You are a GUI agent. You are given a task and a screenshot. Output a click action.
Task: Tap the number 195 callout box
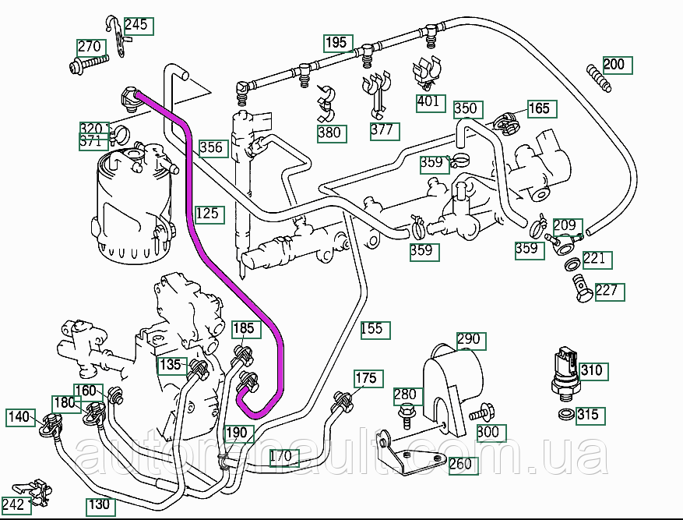[x=336, y=43]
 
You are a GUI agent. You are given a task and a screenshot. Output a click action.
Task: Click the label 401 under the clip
[x=428, y=101]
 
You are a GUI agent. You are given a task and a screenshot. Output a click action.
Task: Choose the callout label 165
[x=540, y=108]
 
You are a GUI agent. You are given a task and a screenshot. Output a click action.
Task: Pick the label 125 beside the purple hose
[x=207, y=214]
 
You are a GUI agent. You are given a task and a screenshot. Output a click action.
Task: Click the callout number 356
[x=211, y=147]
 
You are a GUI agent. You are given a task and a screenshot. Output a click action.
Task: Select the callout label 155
[x=373, y=329]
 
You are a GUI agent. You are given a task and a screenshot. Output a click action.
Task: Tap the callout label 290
[x=469, y=341]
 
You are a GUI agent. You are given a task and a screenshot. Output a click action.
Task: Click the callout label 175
[x=365, y=379]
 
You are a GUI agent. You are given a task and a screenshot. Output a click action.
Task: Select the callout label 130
[x=99, y=504]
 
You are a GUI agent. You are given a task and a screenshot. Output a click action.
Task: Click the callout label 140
[x=19, y=417]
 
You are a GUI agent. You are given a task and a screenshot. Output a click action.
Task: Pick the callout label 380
[x=329, y=133]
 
